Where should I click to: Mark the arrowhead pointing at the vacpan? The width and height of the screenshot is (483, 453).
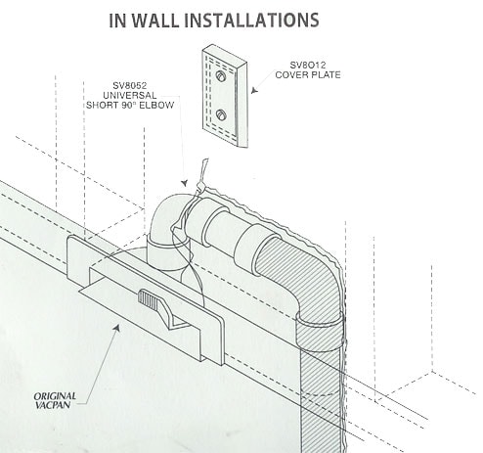click(120, 328)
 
